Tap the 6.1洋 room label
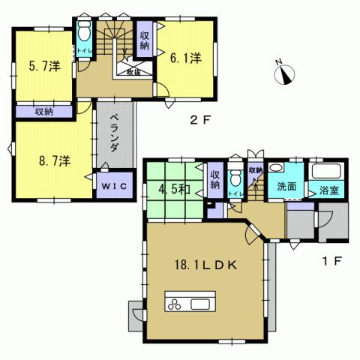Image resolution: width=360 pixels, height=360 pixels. coord(186,57)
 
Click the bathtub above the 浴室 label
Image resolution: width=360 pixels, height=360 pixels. coord(327,170)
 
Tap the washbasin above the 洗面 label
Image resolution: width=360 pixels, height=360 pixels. coord(276,169)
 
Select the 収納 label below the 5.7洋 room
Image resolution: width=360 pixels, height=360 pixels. coord(43,112)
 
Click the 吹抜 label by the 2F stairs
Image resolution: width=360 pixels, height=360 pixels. coord(133,73)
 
